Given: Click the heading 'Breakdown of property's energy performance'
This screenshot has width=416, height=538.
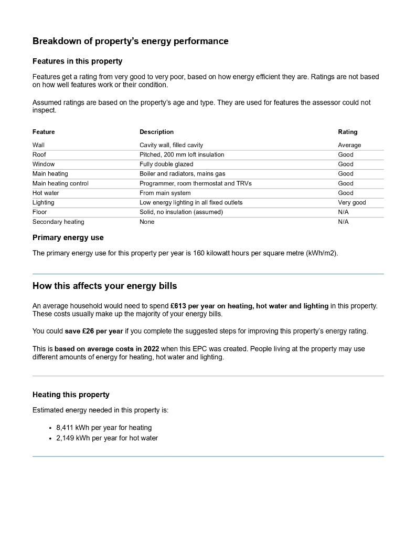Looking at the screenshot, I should click(x=130, y=41).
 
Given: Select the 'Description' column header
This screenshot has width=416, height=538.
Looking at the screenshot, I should click(x=156, y=132).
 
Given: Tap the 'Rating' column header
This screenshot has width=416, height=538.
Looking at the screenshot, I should click(x=347, y=132).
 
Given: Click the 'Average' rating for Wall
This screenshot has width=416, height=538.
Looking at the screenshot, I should click(x=349, y=145).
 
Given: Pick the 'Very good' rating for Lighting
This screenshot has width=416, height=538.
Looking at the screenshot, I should click(x=351, y=202).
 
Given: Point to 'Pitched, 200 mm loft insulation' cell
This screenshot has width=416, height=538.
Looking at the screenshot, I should click(x=182, y=154).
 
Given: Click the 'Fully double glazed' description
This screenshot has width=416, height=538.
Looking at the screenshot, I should click(x=166, y=164).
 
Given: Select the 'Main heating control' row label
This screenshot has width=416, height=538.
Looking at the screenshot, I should click(x=60, y=183).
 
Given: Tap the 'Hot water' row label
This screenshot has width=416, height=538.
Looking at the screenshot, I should click(x=46, y=193).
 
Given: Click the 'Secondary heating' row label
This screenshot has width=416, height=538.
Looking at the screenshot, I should click(x=58, y=222).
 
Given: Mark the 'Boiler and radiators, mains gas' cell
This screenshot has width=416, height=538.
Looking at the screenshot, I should click(x=183, y=173).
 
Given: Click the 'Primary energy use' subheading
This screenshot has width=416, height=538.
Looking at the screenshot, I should click(x=68, y=237).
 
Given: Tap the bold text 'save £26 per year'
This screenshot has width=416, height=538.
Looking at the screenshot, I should click(x=94, y=331).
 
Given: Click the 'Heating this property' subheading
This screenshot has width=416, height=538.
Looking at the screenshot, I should click(x=71, y=395).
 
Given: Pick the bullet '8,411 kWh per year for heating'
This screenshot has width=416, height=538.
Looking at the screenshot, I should click(x=104, y=428).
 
